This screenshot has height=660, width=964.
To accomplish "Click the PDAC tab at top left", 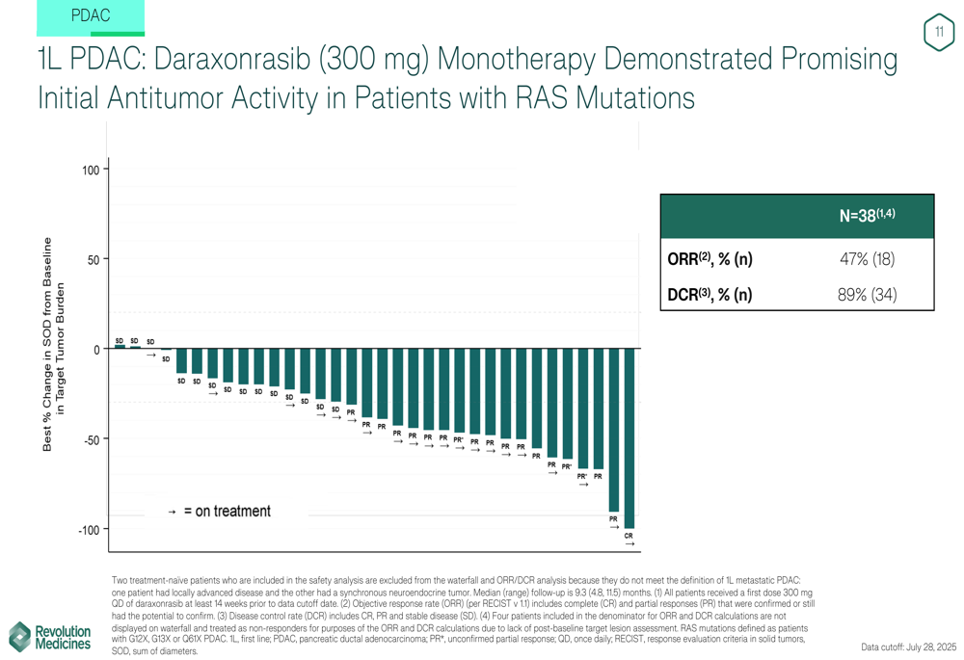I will [x=91, y=16].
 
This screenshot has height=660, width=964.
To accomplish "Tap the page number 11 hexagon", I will [x=939, y=33].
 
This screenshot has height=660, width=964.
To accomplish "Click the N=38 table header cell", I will [x=867, y=216].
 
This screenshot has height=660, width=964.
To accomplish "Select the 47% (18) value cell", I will [x=867, y=259].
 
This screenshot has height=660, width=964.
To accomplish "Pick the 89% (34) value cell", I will [x=867, y=294].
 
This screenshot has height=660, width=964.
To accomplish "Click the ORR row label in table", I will [x=710, y=259].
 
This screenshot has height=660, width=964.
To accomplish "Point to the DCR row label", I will [x=710, y=294].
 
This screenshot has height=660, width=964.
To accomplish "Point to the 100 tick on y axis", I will [x=91, y=171].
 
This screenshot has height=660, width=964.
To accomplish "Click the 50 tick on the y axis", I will [x=94, y=260].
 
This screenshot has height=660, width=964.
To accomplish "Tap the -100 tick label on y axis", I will [x=88, y=530].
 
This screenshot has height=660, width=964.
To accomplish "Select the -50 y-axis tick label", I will [x=91, y=439].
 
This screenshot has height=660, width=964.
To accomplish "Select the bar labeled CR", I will [x=629, y=438].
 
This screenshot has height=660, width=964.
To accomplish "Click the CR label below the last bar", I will [x=629, y=536].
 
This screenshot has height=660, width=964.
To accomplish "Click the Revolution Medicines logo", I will [x=50, y=637].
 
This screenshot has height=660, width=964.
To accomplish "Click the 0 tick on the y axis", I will [x=97, y=350].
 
